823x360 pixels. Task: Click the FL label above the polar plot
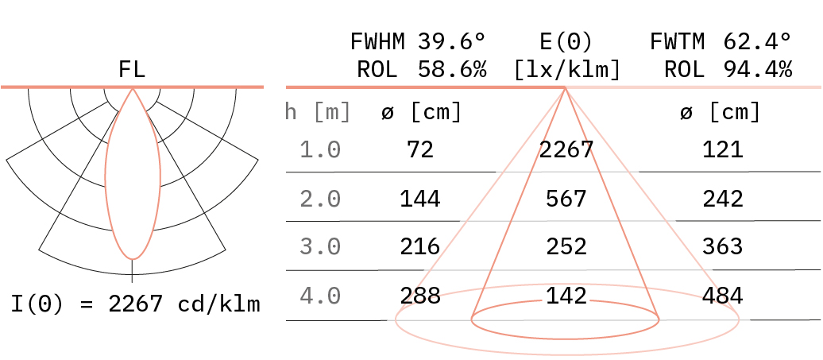click(132, 69)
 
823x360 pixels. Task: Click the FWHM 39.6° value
click(419, 41)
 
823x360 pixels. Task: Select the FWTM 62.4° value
click(721, 41)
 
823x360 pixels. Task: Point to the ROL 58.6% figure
click(422, 69)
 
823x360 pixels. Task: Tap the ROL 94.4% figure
click(728, 69)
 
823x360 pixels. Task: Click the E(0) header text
click(566, 41)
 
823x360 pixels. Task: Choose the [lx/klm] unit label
click(567, 69)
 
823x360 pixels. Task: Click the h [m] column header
click(318, 112)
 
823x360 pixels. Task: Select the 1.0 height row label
click(320, 150)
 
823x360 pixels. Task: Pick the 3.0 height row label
click(320, 246)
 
